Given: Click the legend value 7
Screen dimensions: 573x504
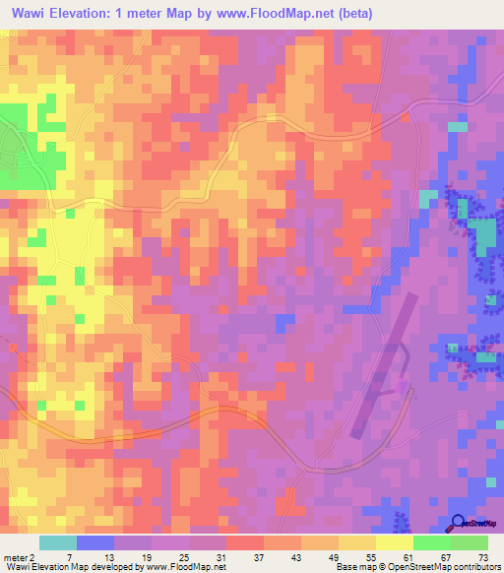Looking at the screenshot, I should point(68,556).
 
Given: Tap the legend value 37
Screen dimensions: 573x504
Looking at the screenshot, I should point(259,556).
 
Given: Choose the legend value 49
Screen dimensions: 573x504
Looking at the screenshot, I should point(334,556).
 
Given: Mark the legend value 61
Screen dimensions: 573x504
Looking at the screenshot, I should point(409,556).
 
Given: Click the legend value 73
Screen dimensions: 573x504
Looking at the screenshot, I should point(483,556).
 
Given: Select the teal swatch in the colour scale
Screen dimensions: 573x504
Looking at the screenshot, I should point(58,542).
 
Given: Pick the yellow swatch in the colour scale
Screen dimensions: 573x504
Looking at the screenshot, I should point(395,542).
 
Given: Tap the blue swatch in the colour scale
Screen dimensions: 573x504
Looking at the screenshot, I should point(95,542).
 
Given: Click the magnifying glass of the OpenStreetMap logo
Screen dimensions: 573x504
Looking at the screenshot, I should point(459,523).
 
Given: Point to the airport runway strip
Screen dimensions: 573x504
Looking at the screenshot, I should point(382,364).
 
